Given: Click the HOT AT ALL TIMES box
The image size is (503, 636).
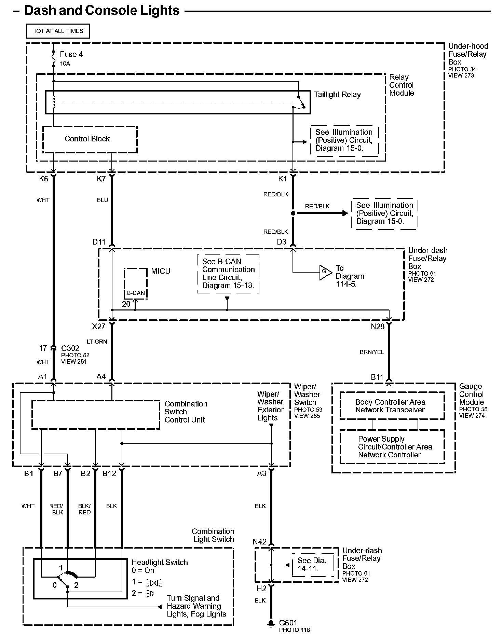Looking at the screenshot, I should (58, 31).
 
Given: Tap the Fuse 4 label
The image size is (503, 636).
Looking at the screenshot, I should (71, 54).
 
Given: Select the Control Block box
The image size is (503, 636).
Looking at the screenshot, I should (90, 139).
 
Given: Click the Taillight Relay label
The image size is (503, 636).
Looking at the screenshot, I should (337, 95).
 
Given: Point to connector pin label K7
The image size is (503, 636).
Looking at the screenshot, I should (101, 179).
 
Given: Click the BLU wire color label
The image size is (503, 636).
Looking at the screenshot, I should (102, 200).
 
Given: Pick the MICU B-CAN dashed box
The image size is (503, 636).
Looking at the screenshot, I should (136, 284).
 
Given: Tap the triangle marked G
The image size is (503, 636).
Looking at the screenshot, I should (325, 272).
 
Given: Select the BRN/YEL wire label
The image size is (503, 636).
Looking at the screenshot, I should (372, 352).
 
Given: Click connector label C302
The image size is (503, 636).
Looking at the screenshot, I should (70, 348).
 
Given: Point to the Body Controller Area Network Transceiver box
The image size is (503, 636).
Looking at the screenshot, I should (392, 406).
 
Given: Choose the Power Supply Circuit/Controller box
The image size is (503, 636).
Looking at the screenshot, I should (392, 447).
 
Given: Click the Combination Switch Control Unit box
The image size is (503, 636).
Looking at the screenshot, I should (96, 415).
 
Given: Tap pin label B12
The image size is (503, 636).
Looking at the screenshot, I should (109, 473).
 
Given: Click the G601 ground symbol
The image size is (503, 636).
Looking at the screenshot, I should (271, 623).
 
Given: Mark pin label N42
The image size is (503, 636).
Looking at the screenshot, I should (260, 542).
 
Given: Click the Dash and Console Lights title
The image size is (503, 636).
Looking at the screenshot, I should (102, 11).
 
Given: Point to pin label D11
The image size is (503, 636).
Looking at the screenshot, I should (99, 242).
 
